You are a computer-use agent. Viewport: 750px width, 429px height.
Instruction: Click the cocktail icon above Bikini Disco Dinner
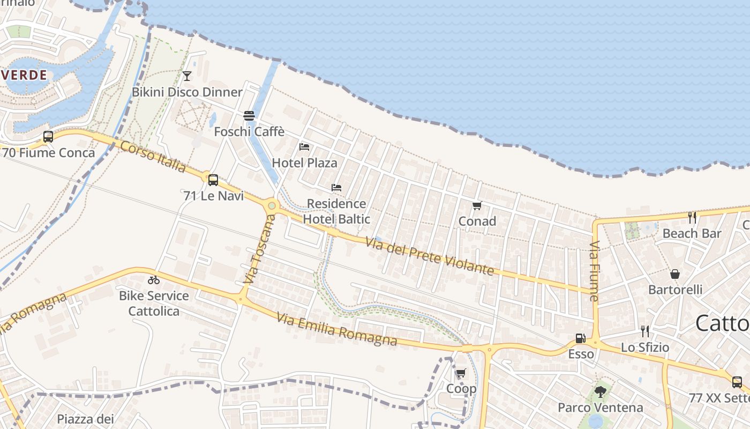(187, 76)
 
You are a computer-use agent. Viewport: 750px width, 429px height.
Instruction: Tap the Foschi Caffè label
(249, 131)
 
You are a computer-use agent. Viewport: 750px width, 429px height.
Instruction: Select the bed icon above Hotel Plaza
(304, 146)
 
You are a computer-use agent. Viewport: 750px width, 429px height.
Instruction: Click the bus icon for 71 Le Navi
(213, 180)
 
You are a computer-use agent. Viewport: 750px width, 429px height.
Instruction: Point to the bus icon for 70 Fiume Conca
(48, 137)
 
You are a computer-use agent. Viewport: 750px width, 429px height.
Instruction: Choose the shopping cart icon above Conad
(477, 205)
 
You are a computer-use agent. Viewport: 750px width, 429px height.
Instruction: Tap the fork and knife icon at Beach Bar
(692, 217)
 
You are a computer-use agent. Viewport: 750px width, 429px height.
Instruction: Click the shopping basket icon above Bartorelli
(675, 274)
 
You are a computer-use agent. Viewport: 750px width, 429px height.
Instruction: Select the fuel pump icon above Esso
(580, 338)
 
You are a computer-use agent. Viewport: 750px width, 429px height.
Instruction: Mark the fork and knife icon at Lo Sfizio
(645, 331)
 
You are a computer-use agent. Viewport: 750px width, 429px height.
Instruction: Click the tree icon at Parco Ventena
(600, 392)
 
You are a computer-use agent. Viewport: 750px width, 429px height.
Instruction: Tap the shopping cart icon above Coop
(461, 373)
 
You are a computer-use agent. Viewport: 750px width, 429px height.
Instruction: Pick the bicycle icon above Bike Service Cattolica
(154, 280)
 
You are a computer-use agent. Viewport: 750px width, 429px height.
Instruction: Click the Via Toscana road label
(258, 249)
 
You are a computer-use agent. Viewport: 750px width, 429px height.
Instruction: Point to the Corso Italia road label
(153, 157)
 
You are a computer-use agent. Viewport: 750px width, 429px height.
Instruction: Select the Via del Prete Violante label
(430, 256)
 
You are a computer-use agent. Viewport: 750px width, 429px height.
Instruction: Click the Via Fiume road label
(594, 271)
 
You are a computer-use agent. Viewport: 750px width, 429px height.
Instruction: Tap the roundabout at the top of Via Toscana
(272, 205)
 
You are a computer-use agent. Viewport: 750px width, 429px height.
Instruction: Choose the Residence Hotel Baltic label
(336, 211)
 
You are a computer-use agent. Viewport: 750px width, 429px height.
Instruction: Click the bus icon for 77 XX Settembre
(737, 382)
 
